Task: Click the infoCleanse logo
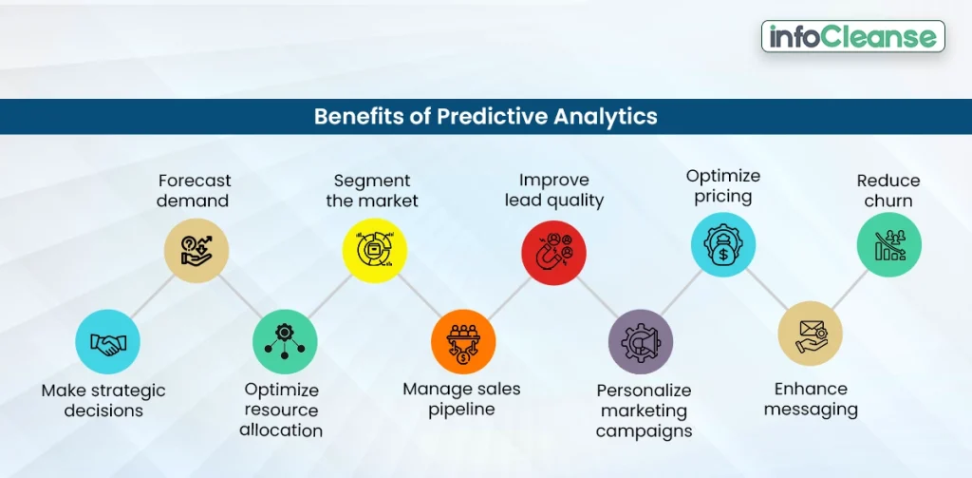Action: [x=852, y=36]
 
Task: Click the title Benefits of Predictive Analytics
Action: [x=485, y=117]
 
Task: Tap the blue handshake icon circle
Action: [x=107, y=341]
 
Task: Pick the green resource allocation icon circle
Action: [x=284, y=341]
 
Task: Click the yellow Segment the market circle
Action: [x=374, y=250]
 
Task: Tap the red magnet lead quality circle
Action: [x=553, y=252]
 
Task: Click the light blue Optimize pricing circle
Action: [x=722, y=245]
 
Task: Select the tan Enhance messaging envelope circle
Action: [x=810, y=334]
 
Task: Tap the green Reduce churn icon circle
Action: [x=889, y=245]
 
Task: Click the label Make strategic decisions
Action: [x=103, y=400]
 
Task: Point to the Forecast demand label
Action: [x=195, y=190]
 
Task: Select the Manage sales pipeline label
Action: [x=461, y=399]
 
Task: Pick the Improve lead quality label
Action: [x=554, y=190]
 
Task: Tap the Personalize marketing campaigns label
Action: [x=644, y=411]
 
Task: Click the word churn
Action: [x=888, y=201]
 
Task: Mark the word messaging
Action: [x=811, y=410]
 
